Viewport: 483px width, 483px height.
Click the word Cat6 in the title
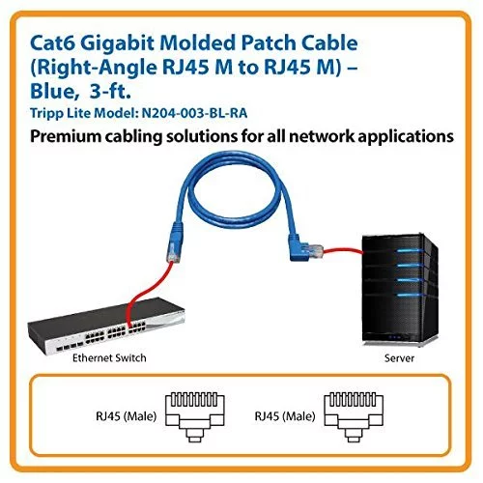point(52,43)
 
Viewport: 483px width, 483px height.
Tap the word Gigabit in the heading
point(117,43)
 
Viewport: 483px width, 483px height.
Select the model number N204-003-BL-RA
point(194,113)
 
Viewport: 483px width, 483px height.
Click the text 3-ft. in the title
point(110,91)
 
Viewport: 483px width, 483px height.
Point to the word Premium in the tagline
point(65,136)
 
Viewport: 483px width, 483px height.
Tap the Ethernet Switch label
point(109,358)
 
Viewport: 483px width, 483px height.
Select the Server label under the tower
point(399,358)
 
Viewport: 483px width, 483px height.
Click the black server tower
point(400,291)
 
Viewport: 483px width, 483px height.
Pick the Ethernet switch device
point(106,326)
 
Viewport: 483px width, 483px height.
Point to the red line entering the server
point(343,251)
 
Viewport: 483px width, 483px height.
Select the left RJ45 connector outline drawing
point(195,417)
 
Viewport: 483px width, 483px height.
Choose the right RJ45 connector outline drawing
point(354,417)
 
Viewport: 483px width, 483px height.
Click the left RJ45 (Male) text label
point(126,416)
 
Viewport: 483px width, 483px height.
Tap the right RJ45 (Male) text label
point(285,416)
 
